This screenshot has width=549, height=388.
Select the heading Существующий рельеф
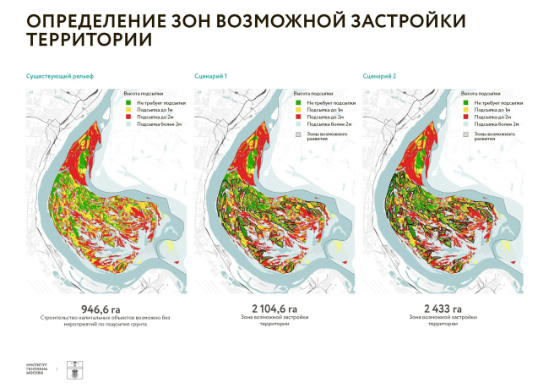click(x=59, y=76)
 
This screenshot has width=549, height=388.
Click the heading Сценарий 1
click(x=210, y=76)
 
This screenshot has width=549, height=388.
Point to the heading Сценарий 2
click(x=380, y=76)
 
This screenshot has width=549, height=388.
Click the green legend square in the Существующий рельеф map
click(x=128, y=102)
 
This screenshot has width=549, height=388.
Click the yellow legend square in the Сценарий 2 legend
click(x=465, y=110)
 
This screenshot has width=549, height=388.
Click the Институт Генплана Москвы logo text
click(x=37, y=369)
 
